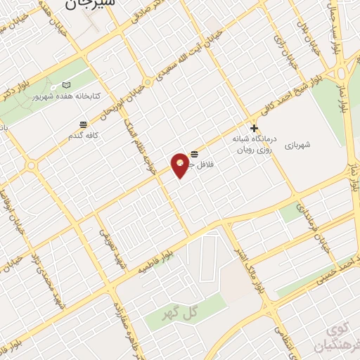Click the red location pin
point(181,165)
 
